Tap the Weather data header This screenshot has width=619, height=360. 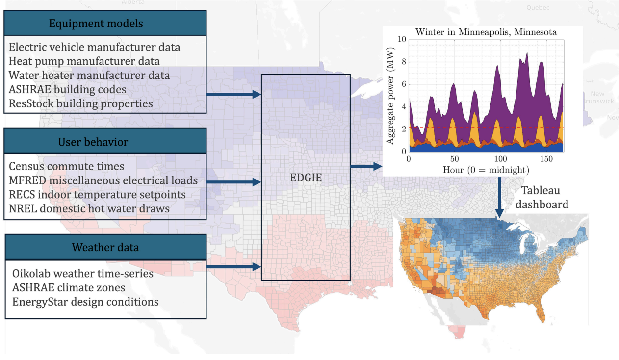pyautogui.click(x=105, y=247)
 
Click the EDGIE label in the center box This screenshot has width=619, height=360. pyautogui.click(x=305, y=178)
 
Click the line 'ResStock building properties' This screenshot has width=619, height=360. pyautogui.click(x=81, y=103)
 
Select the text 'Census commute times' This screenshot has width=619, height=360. pyautogui.click(x=66, y=167)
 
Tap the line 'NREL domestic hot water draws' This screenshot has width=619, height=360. pyautogui.click(x=89, y=208)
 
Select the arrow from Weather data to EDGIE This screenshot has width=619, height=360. pyautogui.click(x=233, y=267)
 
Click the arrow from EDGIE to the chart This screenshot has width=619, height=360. pyautogui.click(x=366, y=166)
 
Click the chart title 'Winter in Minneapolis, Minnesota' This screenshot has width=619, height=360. pyautogui.click(x=485, y=32)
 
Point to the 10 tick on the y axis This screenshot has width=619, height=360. pyautogui.click(x=402, y=39)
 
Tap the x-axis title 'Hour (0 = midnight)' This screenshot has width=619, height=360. pyautogui.click(x=486, y=170)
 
